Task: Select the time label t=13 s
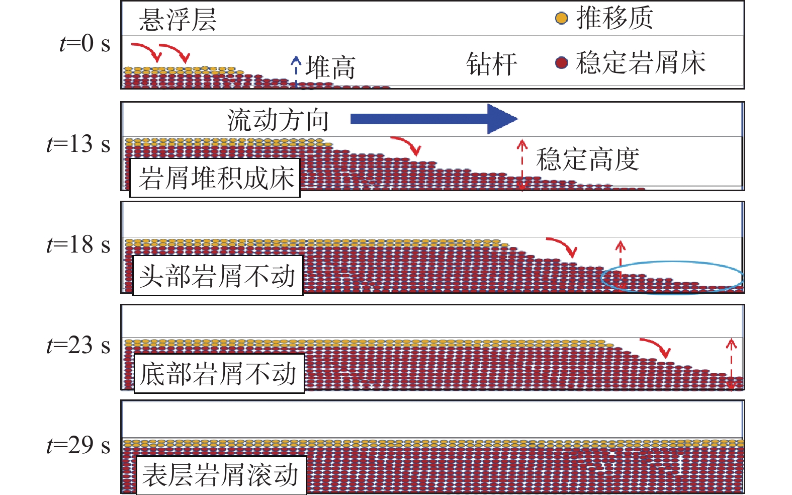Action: coord(78,144)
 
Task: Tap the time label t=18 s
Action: coord(78,245)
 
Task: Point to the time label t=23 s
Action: coord(78,346)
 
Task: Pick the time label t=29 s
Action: coord(78,446)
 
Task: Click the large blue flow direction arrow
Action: coord(433,119)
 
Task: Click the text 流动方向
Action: coord(278,120)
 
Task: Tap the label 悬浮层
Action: coord(178,20)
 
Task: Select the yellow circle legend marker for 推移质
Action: coord(561,19)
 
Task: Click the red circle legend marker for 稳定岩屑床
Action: coord(561,63)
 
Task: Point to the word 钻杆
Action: coord(491,64)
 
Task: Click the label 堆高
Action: coord(330,67)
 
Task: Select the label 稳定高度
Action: coord(587,159)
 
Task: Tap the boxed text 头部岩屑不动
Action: coord(217,276)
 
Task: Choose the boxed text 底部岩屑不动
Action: coord(218,374)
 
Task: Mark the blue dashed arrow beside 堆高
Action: coord(296,70)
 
